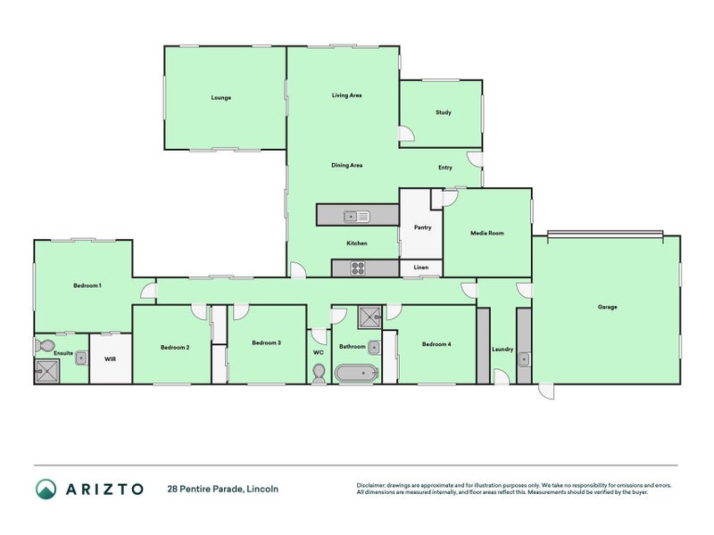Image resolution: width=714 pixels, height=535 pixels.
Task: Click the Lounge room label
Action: pyautogui.click(x=220, y=97)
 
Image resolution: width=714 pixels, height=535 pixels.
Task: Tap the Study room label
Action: pyautogui.click(x=443, y=112)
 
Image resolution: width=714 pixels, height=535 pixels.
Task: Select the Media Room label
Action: pyautogui.click(x=487, y=233)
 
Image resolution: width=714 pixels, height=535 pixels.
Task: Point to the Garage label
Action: pyautogui.click(x=607, y=307)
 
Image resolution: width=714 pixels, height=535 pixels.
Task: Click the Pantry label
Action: pyautogui.click(x=423, y=227)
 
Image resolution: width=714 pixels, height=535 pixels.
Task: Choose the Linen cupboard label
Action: pyautogui.click(x=421, y=267)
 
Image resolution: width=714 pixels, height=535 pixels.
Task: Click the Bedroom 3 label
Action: pyautogui.click(x=266, y=342)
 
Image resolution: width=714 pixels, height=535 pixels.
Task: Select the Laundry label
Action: pyautogui.click(x=502, y=349)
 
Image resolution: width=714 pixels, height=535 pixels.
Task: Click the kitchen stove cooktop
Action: pyautogui.click(x=359, y=267)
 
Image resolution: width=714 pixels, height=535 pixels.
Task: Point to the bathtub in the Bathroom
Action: pyautogui.click(x=356, y=374)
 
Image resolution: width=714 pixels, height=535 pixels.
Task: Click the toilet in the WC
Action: pyautogui.click(x=320, y=374)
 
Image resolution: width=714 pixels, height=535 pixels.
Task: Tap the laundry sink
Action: pyautogui.click(x=525, y=359)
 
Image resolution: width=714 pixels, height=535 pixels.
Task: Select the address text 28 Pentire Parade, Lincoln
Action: pyautogui.click(x=222, y=489)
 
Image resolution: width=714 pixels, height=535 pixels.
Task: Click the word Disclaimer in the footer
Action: pyautogui.click(x=375, y=485)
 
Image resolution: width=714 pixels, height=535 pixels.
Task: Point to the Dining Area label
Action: pyautogui.click(x=346, y=165)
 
